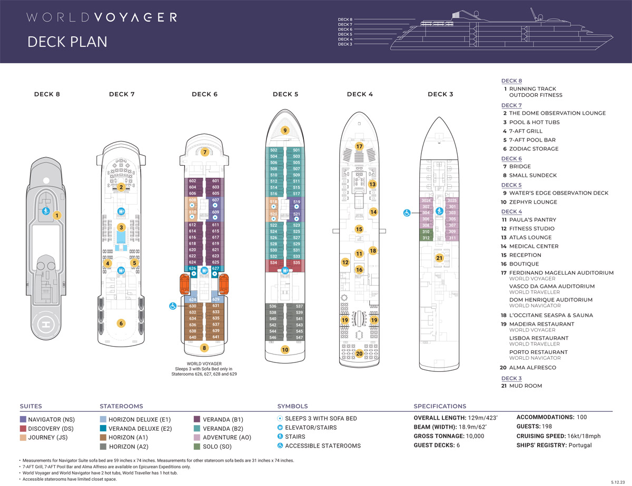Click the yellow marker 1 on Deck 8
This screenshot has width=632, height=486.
click(x=57, y=215)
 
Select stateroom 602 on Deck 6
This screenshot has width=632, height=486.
click(x=192, y=181)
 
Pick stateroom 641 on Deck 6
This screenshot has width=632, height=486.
click(x=215, y=337)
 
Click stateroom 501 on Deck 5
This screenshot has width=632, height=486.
click(x=296, y=150)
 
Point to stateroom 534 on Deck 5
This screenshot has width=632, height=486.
click(x=273, y=262)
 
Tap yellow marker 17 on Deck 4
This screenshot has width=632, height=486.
click(x=360, y=146)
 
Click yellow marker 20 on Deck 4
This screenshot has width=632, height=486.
click(x=360, y=353)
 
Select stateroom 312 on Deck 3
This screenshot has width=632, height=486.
click(x=426, y=238)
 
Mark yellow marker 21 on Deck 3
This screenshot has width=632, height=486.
click(x=439, y=258)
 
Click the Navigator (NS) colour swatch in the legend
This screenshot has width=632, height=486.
click(x=23, y=419)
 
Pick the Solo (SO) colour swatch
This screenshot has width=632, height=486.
click(x=198, y=446)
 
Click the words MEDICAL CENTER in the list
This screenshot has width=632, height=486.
click(x=534, y=246)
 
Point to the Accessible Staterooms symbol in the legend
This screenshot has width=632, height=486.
click(x=280, y=445)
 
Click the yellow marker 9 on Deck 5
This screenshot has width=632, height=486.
click(x=284, y=130)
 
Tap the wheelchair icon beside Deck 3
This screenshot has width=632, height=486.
click(x=407, y=213)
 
